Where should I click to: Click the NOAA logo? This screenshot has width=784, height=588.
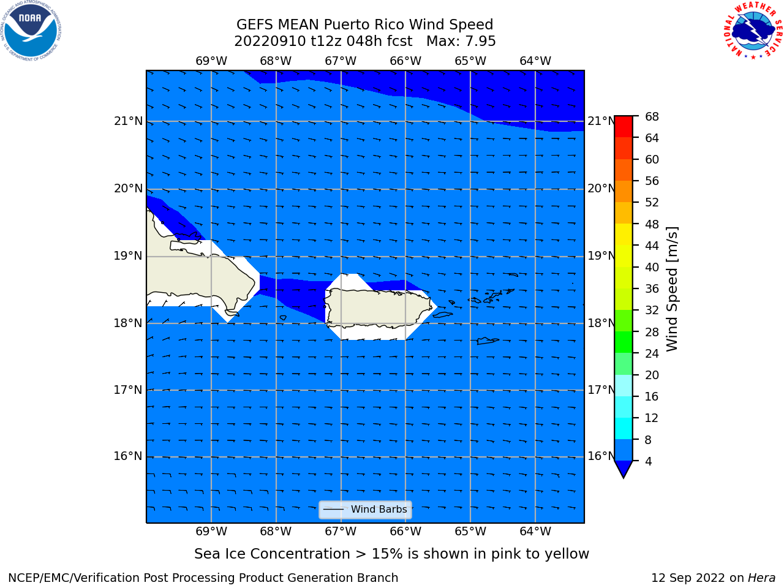[31, 31]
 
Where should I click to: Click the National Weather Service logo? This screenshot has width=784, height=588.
[753, 31]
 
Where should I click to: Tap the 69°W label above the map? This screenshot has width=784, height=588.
[211, 61]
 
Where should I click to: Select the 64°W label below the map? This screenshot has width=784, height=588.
[535, 531]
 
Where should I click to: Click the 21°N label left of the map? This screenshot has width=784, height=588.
[128, 121]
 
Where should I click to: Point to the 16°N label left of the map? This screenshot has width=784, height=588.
[128, 456]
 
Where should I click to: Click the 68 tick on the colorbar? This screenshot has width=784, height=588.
[652, 117]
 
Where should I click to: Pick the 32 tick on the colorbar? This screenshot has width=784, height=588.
[652, 311]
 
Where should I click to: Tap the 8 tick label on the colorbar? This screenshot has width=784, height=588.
[648, 440]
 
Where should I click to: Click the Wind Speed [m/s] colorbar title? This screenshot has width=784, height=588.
[672, 288]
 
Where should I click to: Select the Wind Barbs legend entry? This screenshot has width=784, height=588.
[365, 510]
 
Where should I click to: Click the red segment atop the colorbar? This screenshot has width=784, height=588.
[624, 127]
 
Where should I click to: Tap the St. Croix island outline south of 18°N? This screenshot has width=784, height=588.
[488, 341]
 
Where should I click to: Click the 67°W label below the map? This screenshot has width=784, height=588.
[341, 531]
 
